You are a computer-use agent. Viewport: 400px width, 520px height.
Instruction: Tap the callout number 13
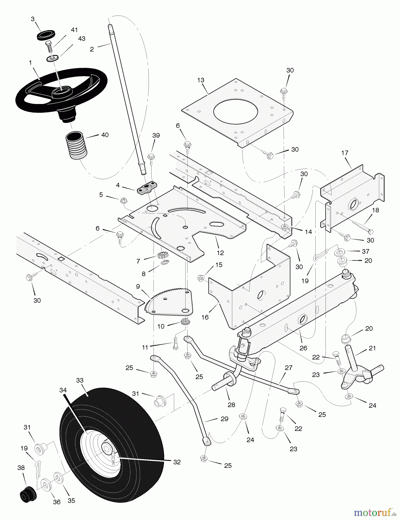point(201,80)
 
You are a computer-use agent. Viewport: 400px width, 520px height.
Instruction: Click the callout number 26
point(303,348)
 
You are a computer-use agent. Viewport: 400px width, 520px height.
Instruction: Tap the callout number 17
point(345,153)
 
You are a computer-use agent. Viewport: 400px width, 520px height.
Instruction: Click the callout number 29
point(225,419)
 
